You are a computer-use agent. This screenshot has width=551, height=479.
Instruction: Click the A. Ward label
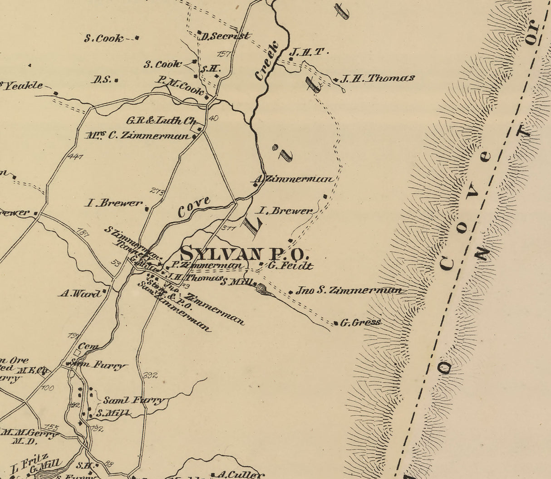pos(80,294)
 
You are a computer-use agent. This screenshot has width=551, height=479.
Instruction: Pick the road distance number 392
pos(150,376)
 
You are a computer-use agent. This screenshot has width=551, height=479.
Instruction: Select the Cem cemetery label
pos(90,347)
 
